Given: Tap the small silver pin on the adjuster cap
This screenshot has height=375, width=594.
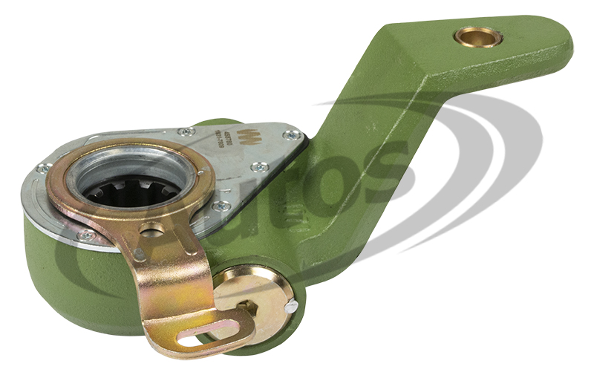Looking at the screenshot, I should click(292, 306).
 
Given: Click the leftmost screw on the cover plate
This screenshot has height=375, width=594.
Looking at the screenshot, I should click(45, 169).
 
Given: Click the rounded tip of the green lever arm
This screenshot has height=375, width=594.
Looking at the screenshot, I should click(557, 41).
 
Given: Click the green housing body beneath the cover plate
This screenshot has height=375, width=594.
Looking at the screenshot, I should click(74, 282).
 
